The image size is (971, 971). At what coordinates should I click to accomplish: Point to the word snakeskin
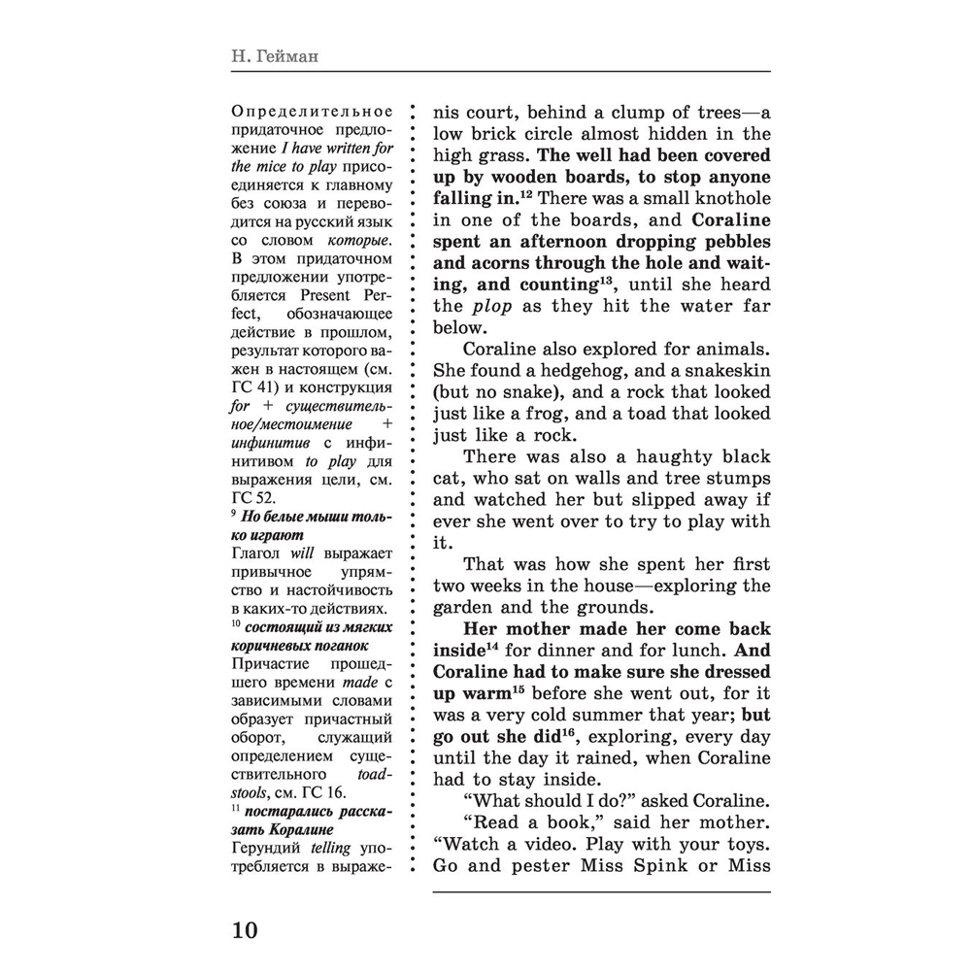click(717, 371)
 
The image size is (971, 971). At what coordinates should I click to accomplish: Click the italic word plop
click(491, 306)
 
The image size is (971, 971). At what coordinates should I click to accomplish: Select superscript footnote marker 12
click(523, 194)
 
